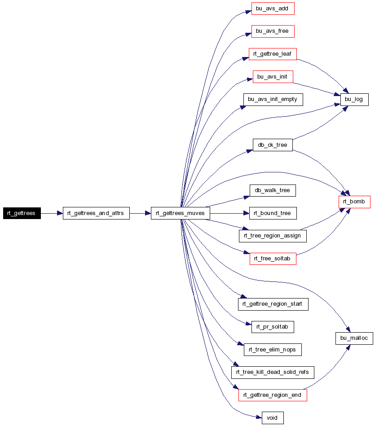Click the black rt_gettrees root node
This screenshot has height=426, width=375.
pos(22,213)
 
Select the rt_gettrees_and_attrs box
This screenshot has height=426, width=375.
pos(96,213)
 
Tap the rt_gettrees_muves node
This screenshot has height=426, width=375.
pos(181,213)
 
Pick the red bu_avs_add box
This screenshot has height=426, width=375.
pos(273,9)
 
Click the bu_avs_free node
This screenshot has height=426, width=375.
pos(273,31)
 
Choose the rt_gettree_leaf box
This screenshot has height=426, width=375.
pos(273,54)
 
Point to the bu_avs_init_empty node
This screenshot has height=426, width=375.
pos(273,100)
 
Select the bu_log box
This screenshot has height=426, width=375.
pos(354,100)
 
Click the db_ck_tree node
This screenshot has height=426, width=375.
pos(273,145)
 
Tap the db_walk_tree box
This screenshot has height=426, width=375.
pos(273,190)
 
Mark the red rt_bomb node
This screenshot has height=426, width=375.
pos(354,202)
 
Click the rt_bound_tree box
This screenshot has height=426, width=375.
pos(273,213)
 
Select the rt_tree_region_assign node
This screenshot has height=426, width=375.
pos(273,236)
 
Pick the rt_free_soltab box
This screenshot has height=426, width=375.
pos(273,259)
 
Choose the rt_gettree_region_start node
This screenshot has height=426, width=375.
pos(273,304)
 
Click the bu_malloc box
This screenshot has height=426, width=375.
pos(354,338)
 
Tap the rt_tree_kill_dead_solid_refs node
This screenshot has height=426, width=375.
pos(273,372)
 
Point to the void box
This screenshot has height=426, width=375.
pos(273,418)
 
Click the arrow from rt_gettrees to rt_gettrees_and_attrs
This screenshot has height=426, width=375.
pos(52,213)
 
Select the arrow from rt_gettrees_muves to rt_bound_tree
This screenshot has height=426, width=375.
pos(230,213)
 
